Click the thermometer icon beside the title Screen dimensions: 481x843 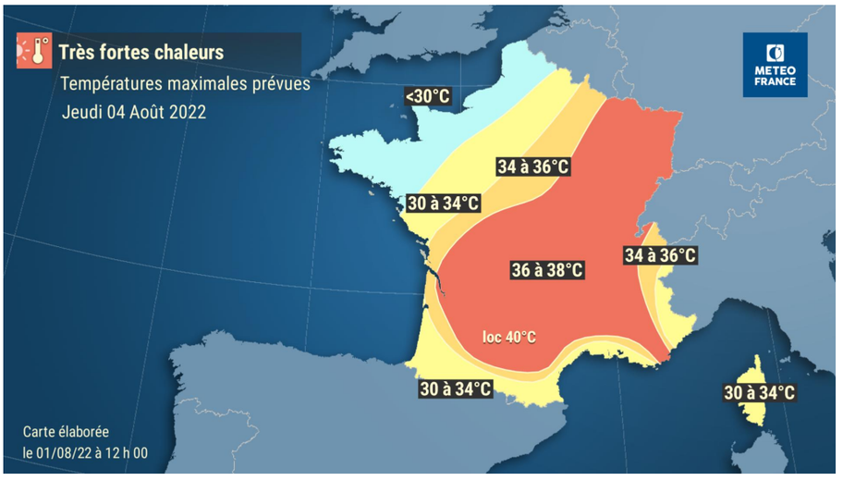click(x=34, y=51)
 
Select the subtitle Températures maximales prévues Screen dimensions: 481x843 click(x=185, y=84)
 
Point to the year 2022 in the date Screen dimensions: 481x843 click(x=187, y=112)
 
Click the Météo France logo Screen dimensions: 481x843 click(x=775, y=65)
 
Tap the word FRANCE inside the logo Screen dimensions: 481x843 click(x=775, y=81)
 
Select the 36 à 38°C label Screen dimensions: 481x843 click(x=547, y=270)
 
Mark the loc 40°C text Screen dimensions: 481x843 click(x=509, y=337)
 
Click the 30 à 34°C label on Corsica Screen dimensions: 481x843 click(x=759, y=393)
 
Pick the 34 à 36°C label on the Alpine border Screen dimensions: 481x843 click(x=660, y=254)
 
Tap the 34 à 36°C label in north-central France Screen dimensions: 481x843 click(x=531, y=166)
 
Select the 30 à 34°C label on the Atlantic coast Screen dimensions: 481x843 click(x=444, y=203)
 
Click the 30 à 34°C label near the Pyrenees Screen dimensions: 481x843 click(x=454, y=388)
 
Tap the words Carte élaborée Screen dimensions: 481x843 click(x=66, y=432)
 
